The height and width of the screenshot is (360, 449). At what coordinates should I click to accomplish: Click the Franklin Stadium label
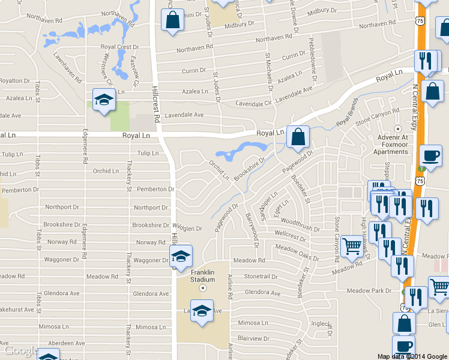(203, 275)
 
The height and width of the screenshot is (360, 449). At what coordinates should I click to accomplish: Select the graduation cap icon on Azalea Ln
(104, 100)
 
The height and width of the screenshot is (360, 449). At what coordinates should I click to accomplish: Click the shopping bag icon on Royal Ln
(298, 137)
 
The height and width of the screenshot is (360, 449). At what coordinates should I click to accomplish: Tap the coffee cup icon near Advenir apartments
(430, 156)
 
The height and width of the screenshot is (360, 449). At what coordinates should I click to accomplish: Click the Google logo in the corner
(22, 350)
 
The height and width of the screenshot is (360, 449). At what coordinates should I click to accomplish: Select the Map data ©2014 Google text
(412, 356)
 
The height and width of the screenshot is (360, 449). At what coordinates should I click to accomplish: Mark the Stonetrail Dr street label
(259, 277)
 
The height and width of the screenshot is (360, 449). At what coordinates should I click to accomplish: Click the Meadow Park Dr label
(372, 291)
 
